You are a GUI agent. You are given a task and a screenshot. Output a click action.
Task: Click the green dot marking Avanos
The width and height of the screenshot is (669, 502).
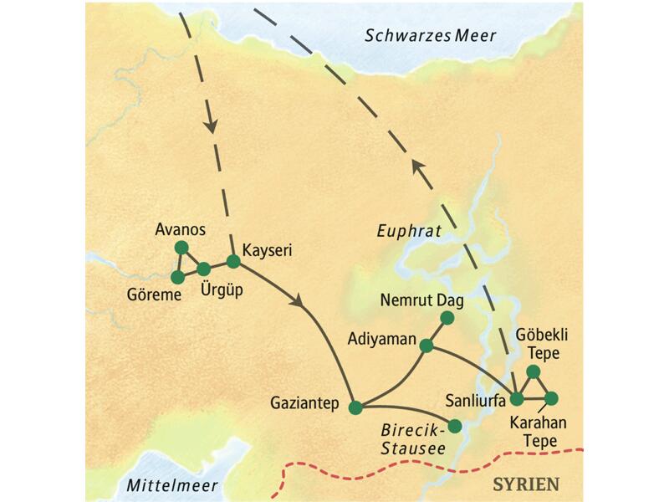pyautogui.click(x=180, y=248)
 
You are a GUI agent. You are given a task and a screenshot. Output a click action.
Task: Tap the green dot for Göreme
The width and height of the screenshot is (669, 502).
pyautogui.click(x=177, y=277)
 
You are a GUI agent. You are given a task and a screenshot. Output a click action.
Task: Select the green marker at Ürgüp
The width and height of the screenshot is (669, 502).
pyautogui.click(x=204, y=269)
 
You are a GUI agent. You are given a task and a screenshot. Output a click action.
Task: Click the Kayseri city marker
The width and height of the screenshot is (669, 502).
pyautogui.click(x=233, y=261)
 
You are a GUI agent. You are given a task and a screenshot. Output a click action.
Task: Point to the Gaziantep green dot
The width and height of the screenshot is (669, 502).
pyautogui.click(x=355, y=407)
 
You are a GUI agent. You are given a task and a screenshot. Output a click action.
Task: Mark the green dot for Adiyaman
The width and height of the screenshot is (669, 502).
pyautogui.click(x=426, y=346)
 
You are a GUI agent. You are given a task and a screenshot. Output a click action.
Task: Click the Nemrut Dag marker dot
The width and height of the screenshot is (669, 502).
pyautogui.click(x=447, y=317)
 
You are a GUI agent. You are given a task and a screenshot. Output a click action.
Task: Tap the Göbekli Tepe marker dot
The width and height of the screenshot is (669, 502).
pyautogui.click(x=533, y=371)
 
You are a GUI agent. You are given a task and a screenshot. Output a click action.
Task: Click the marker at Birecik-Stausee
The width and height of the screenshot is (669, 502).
pyautogui.click(x=455, y=426)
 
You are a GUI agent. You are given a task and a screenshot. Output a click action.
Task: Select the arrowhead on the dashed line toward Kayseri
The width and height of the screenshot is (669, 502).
pyautogui.click(x=212, y=126)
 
